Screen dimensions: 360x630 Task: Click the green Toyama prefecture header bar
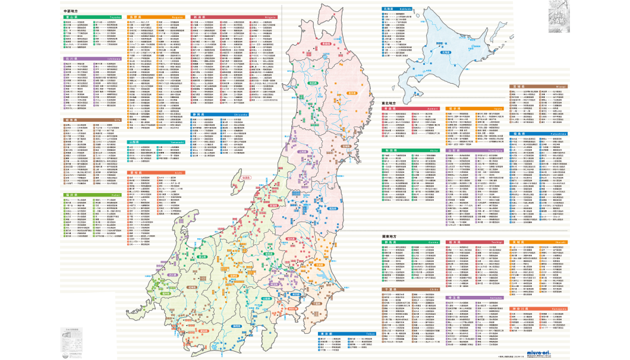(92, 18)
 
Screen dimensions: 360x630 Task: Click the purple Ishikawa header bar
(92, 59)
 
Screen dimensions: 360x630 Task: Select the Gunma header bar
(410, 242)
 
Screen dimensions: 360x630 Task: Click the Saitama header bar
(474, 296)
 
